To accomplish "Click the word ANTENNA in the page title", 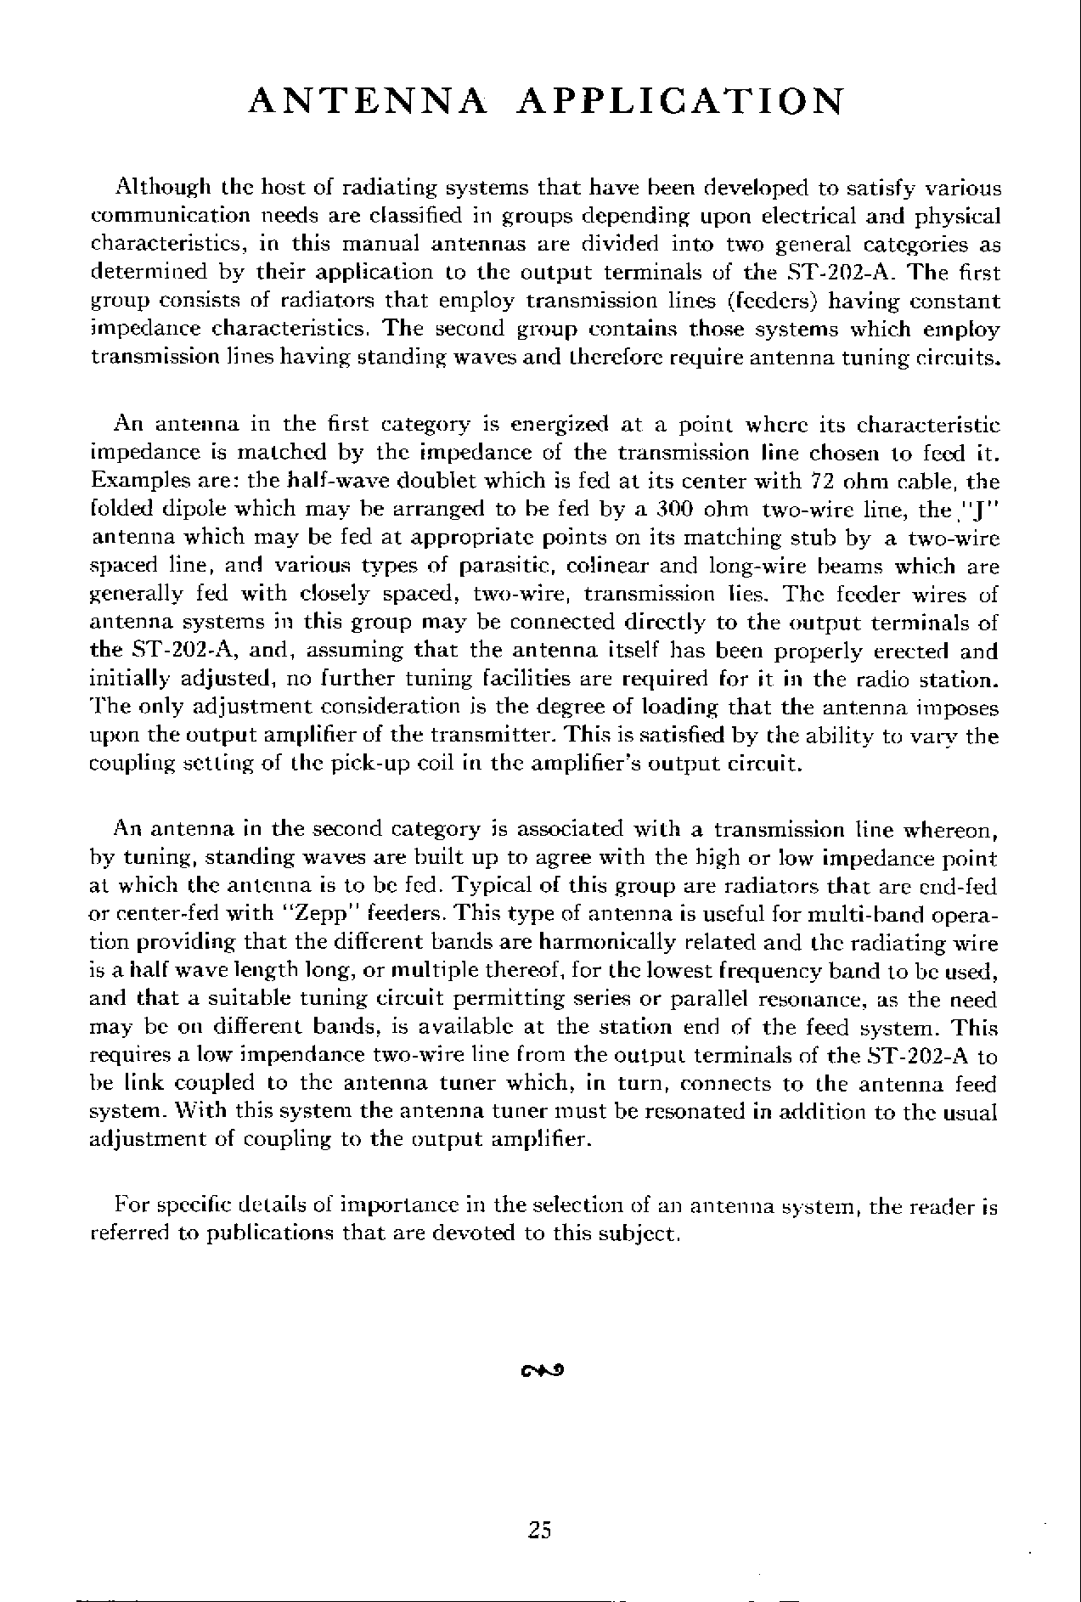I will (369, 101).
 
